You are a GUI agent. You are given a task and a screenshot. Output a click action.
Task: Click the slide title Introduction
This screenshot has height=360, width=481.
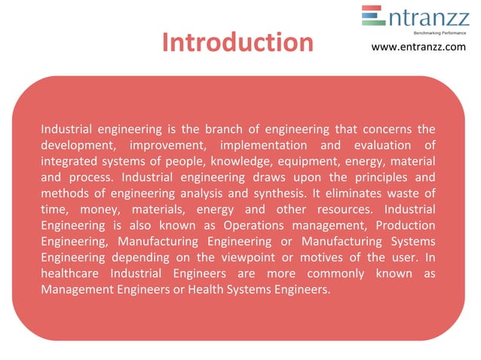coord(237,42)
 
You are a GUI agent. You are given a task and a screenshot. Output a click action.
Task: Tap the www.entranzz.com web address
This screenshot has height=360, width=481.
coord(419,47)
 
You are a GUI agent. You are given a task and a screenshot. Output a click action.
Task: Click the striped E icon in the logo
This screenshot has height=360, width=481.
coord(373,16)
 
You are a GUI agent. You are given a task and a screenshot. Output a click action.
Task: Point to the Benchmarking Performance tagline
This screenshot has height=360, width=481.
coord(440,33)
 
